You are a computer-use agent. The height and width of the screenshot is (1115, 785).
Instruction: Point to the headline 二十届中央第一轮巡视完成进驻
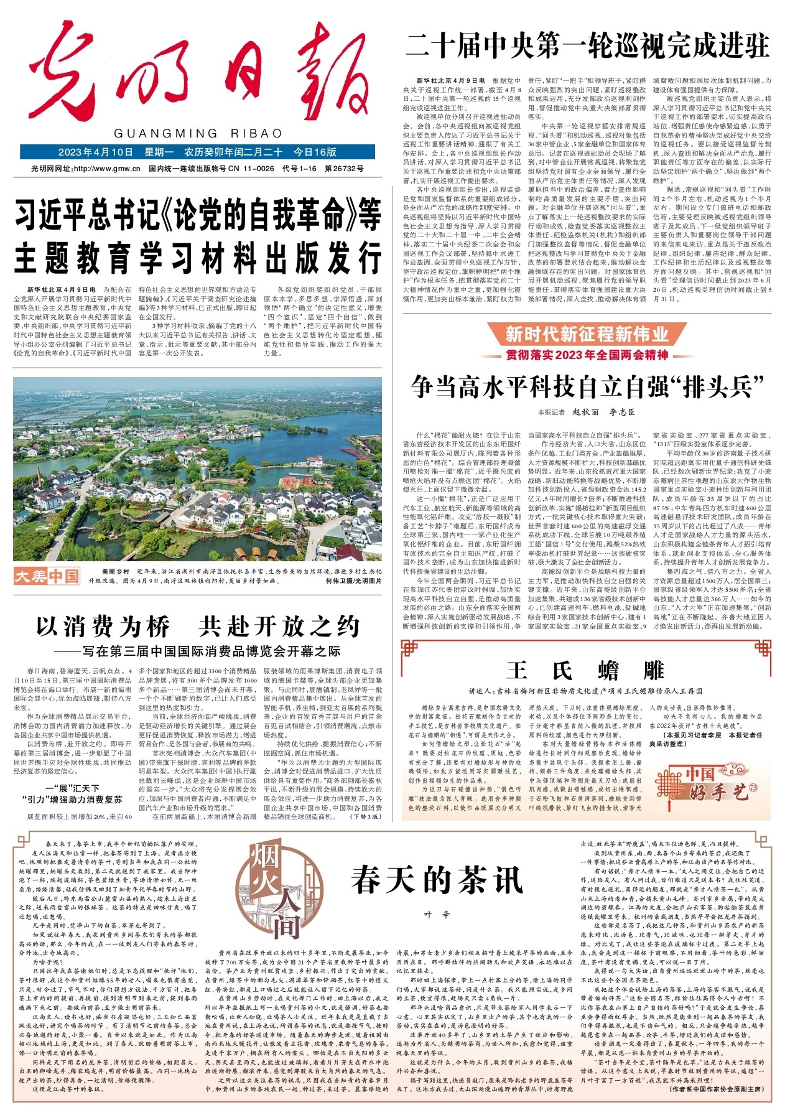pos(588,45)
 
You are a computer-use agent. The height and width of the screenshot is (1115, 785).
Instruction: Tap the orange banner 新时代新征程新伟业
pos(587,335)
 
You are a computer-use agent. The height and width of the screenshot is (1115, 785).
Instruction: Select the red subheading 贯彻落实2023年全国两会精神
pos(587,355)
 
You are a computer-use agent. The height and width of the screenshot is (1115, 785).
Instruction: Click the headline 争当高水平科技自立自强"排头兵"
pos(587,387)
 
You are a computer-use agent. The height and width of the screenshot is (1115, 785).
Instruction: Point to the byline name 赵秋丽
pos(585,412)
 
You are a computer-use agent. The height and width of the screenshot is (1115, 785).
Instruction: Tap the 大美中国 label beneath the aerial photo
pos(47,576)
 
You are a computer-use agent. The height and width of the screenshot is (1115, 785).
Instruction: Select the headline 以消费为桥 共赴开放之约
pos(198,626)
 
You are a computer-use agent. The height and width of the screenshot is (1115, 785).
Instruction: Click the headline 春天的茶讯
pos(437,880)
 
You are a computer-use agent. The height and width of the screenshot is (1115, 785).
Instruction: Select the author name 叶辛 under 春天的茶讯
pos(437,914)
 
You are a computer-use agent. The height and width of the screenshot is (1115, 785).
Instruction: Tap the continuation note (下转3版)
pos(367,816)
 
